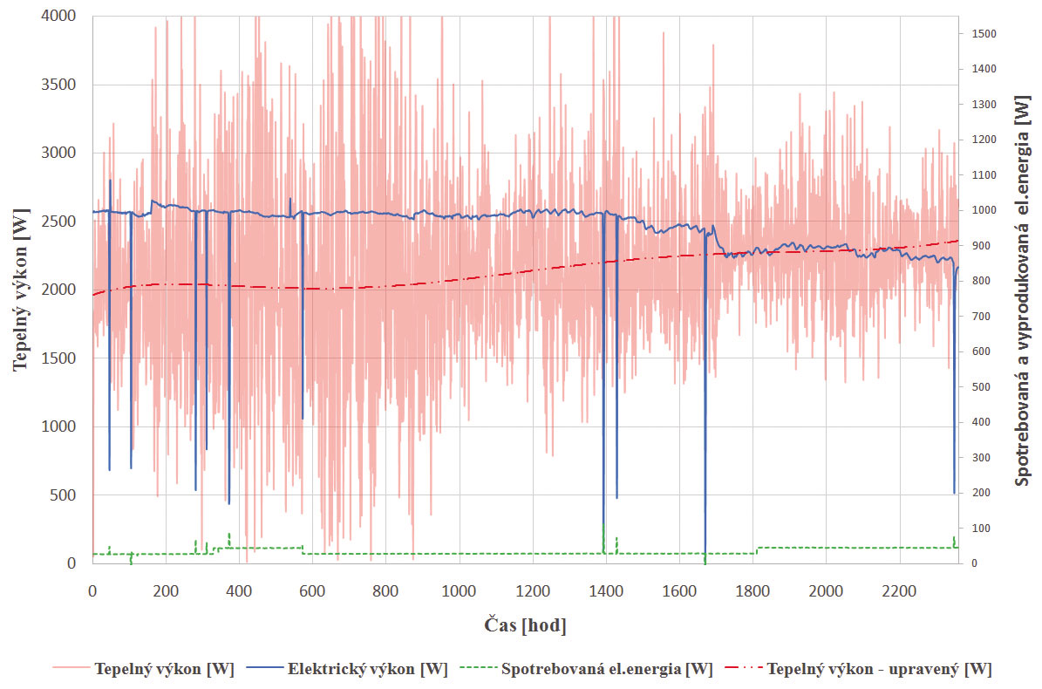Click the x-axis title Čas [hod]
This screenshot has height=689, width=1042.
(x=525, y=625)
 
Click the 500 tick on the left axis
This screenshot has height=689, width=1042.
(x=63, y=495)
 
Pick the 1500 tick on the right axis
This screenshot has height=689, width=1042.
(x=982, y=34)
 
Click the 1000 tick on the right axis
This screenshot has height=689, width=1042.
(x=982, y=211)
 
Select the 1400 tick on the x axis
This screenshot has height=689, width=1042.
(x=605, y=591)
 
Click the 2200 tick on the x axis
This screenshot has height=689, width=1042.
(x=899, y=591)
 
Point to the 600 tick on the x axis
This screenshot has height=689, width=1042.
(x=312, y=591)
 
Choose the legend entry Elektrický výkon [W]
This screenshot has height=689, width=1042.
(x=367, y=669)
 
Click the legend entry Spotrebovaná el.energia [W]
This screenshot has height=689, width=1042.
(x=607, y=669)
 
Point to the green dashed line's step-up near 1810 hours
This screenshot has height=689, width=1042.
(x=757, y=550)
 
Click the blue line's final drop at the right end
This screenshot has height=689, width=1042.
(x=954, y=471)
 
